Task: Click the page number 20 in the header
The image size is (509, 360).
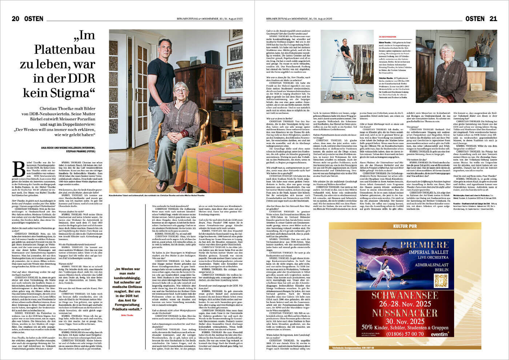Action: click(x=15, y=19)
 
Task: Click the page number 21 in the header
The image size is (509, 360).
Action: click(x=493, y=19)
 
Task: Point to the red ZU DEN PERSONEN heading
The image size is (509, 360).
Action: click(x=387, y=37)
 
